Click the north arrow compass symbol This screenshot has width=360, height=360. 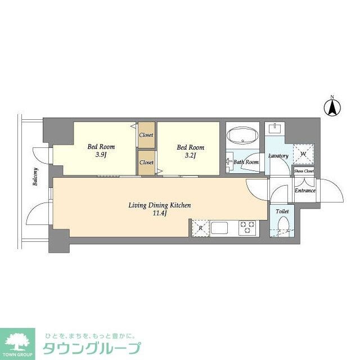332,106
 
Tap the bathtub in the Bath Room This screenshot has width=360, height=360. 242,136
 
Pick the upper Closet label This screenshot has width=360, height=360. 146,136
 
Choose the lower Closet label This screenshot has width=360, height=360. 146,163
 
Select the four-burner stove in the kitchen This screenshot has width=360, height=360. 247,228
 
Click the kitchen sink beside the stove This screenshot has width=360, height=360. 219,228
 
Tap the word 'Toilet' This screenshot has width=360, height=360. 282,211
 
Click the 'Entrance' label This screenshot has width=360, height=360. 305,191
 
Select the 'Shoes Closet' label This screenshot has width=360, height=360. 304,171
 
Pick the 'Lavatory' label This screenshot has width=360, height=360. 278,156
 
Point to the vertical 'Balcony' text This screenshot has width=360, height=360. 35,177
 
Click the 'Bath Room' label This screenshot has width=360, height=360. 246,163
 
